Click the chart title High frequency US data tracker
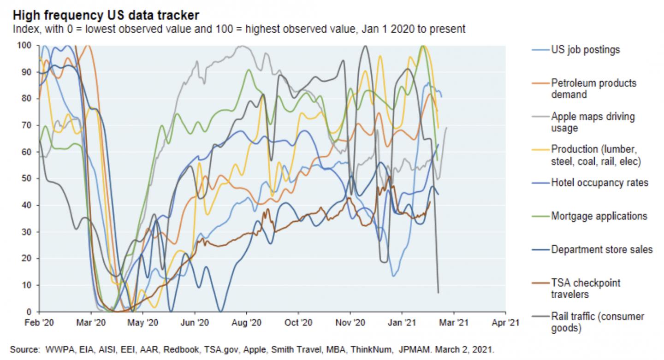[x=106, y=15]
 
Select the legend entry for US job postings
[x=586, y=50]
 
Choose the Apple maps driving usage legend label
[x=593, y=122]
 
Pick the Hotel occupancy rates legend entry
[x=599, y=183]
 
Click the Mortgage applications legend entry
[x=599, y=216]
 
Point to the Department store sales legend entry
[x=602, y=249]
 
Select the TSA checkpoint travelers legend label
[x=585, y=288]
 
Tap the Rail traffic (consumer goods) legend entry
[x=597, y=322]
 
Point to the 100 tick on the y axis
[x=24, y=45]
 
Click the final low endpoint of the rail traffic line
[x=438, y=292]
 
